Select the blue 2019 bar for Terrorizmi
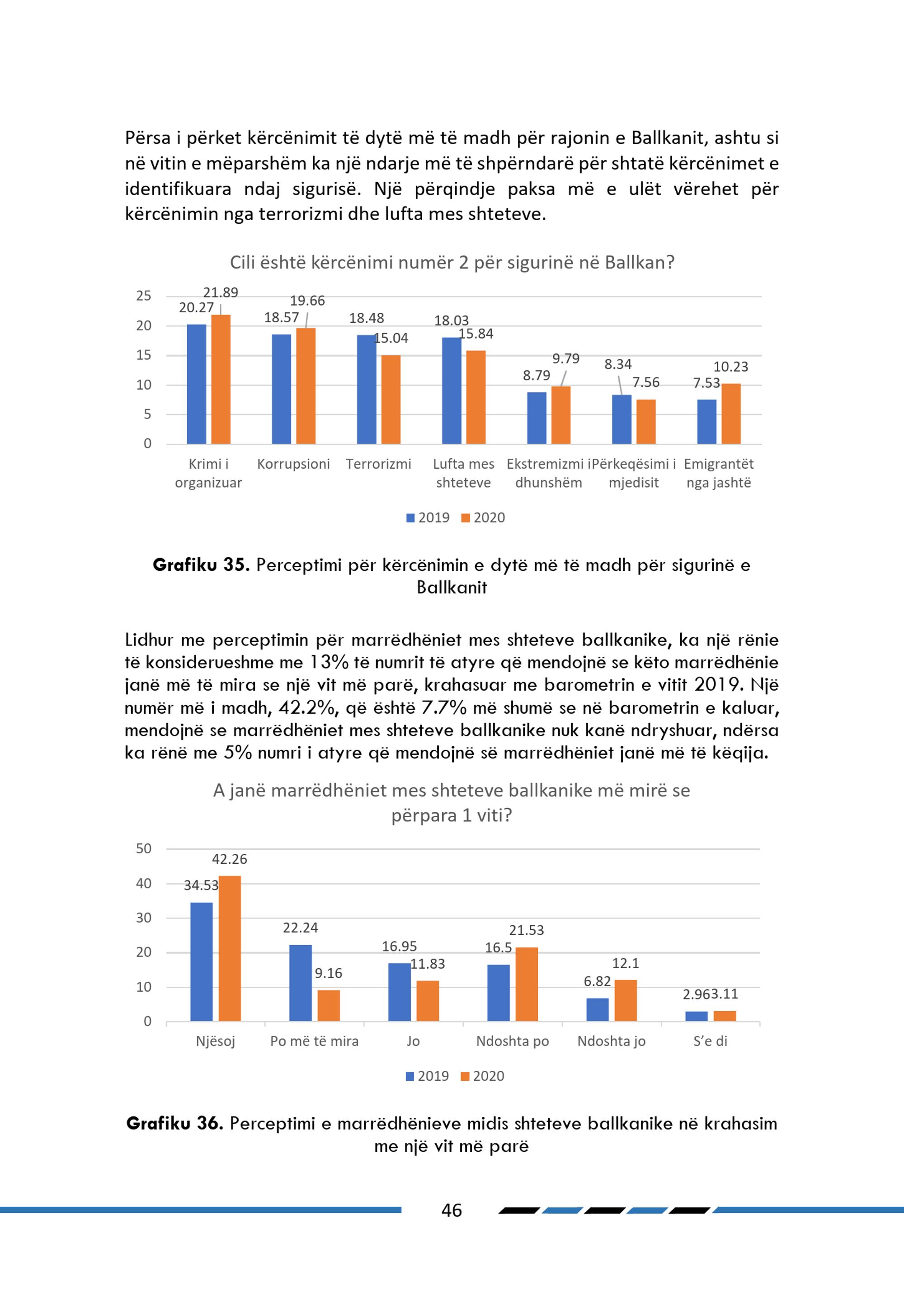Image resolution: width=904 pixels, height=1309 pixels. click(367, 389)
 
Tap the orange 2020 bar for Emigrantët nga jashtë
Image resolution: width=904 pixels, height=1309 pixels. click(731, 414)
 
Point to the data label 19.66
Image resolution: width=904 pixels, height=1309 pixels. click(307, 301)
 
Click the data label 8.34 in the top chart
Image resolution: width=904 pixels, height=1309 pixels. click(618, 364)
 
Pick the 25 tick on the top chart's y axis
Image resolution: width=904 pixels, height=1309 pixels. click(144, 296)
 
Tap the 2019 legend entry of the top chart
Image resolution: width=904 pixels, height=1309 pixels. click(428, 518)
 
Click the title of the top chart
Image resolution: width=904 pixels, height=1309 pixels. click(452, 262)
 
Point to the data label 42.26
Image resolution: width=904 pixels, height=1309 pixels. click(230, 859)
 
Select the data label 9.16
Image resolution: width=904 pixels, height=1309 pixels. click(329, 973)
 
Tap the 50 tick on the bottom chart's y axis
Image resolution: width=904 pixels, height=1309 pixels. click(144, 848)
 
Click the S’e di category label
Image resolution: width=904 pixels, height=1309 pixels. click(710, 1041)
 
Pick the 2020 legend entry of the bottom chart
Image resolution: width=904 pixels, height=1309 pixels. click(483, 1076)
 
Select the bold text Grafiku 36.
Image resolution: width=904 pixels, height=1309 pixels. click(174, 1123)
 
